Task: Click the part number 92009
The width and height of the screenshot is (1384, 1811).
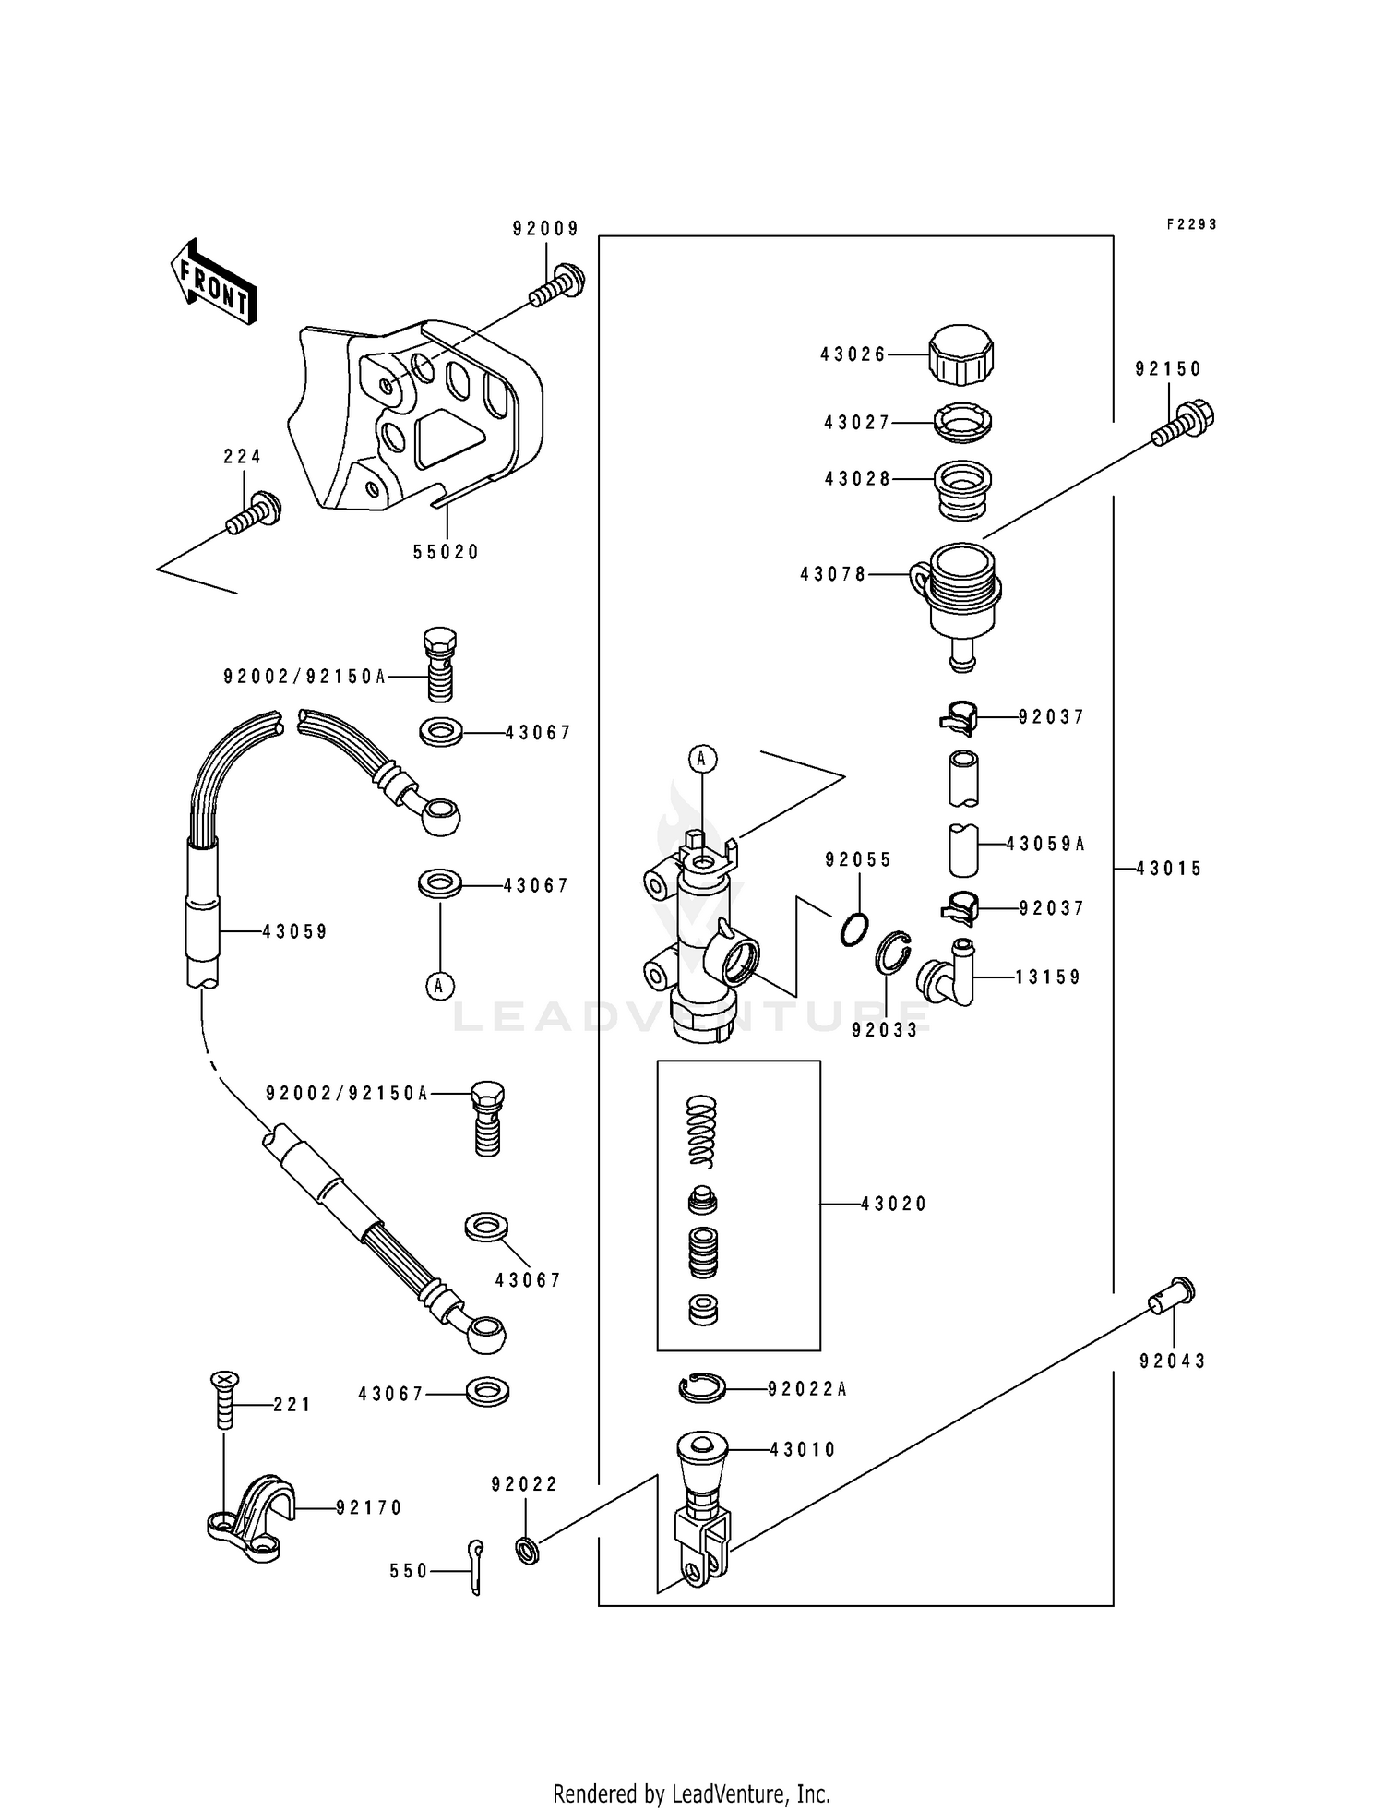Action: [546, 229]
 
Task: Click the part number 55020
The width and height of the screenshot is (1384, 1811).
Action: [447, 552]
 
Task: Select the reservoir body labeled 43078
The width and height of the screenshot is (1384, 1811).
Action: [962, 591]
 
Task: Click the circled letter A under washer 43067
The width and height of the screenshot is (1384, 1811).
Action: [439, 986]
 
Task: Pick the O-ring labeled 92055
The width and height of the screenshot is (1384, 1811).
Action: [854, 929]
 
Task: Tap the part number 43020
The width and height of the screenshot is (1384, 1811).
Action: [893, 1204]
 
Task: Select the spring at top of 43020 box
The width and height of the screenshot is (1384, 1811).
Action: [703, 1130]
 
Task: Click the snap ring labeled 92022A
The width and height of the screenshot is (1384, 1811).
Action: [702, 1388]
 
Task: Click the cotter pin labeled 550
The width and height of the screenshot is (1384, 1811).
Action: [474, 1568]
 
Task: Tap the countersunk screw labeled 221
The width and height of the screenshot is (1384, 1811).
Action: [223, 1399]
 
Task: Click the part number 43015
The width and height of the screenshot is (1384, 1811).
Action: [1169, 869]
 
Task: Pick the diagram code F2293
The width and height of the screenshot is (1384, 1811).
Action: [1191, 224]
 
